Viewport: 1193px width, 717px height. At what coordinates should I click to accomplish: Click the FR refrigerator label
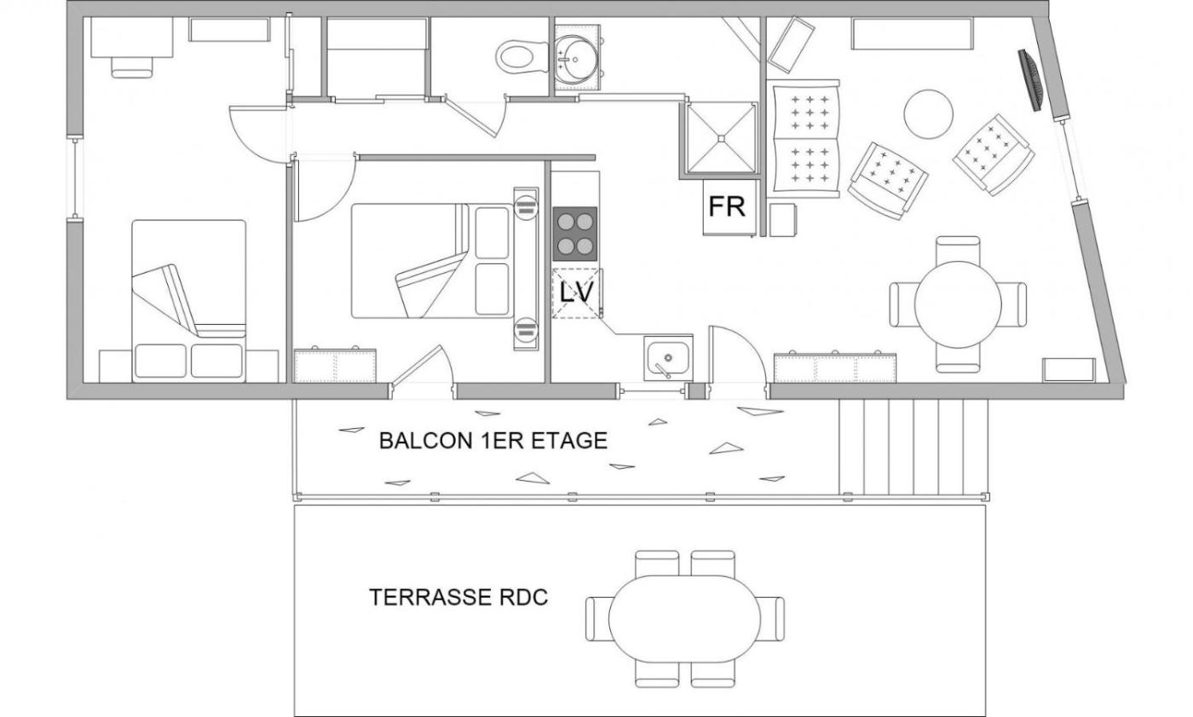727,206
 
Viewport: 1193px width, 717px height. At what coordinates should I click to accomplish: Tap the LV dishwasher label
577,292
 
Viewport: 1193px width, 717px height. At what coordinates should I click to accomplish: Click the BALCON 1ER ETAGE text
493,441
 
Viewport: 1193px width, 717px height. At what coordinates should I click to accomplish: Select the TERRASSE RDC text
458,597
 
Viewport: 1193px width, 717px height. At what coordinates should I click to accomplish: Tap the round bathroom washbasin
578,57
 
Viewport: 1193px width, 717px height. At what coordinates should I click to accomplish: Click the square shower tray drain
721,138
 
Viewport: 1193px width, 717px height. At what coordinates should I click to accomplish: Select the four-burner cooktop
575,234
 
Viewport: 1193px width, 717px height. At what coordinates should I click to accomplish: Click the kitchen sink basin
668,358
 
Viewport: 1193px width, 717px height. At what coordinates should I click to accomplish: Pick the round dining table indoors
958,304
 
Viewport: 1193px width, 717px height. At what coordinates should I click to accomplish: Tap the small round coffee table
928,114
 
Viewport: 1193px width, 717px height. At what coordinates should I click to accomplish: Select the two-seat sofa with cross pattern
803,138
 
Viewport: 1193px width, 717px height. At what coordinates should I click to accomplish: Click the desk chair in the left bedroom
131,67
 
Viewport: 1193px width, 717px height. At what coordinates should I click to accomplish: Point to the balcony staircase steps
913,447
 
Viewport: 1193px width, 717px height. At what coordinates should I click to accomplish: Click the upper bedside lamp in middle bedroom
527,206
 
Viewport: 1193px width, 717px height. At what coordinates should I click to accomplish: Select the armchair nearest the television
994,154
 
